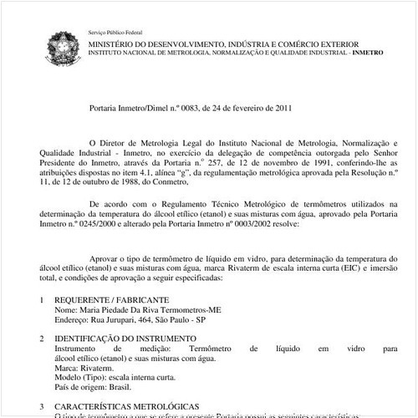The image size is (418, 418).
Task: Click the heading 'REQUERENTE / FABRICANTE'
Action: click(112, 298)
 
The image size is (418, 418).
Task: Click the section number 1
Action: click(42, 298)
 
